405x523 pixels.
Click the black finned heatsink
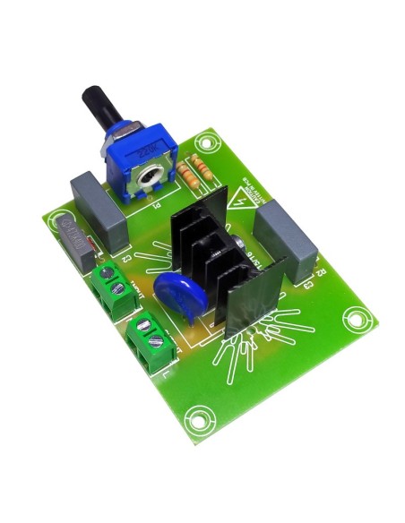[215, 260]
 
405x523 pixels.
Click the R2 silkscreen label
[321, 268]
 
